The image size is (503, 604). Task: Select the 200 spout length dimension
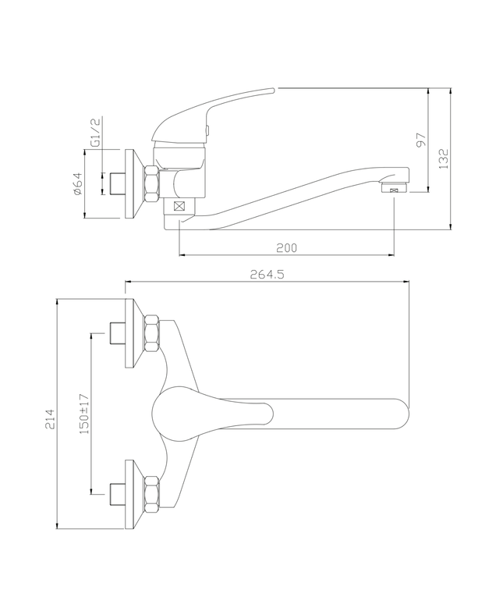[286, 247]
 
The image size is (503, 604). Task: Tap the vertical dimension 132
[443, 158]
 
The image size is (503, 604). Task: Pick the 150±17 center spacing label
[84, 414]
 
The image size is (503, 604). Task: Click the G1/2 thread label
[94, 133]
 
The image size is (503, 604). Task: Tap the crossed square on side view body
[181, 207]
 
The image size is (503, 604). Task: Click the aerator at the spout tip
[392, 188]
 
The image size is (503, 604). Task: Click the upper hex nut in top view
[151, 334]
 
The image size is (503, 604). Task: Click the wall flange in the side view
[132, 184]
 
